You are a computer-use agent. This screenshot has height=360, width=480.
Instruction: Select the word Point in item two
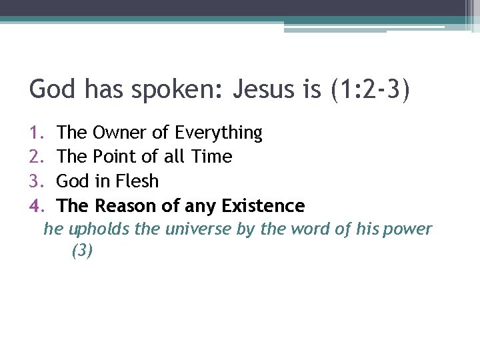[x=114, y=157]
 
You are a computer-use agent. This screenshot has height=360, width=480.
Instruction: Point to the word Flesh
[x=136, y=181]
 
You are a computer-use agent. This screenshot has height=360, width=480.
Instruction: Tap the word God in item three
[x=73, y=181]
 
